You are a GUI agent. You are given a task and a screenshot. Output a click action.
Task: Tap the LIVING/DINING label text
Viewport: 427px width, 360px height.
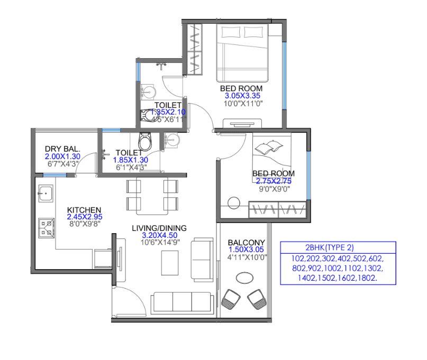(x=159, y=228)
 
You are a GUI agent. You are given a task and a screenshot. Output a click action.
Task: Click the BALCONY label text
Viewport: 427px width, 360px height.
(x=247, y=242)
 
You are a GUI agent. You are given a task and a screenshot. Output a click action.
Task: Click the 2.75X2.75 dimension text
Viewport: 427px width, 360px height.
(x=274, y=181)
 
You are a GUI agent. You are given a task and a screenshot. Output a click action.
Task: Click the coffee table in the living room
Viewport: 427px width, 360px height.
(x=170, y=261)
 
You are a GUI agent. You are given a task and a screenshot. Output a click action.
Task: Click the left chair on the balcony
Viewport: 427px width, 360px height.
(x=232, y=299)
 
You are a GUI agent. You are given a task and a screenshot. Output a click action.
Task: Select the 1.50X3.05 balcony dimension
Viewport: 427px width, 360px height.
(x=247, y=250)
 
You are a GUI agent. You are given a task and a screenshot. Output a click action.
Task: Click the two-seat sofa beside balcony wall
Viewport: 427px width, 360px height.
(x=201, y=256)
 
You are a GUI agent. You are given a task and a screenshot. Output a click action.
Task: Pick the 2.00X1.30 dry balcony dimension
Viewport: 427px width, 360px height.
(x=62, y=157)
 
